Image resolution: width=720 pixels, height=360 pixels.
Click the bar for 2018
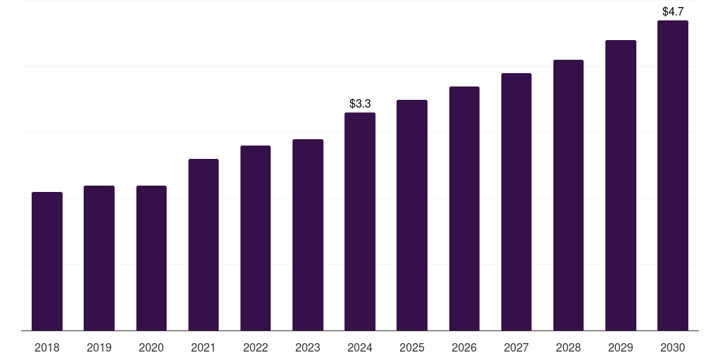point(47,261)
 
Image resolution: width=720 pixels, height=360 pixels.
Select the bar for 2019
point(99,258)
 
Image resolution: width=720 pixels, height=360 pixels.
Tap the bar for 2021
point(203,245)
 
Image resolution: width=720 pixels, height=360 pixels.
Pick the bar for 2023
point(308,235)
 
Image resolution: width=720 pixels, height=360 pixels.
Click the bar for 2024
point(360,221)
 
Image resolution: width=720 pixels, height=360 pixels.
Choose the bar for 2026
point(464,208)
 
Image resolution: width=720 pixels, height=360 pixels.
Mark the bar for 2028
point(568,195)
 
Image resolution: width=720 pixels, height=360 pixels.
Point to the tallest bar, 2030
point(673,175)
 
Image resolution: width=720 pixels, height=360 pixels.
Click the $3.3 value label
point(360,103)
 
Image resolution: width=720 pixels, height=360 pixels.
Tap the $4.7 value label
point(673,11)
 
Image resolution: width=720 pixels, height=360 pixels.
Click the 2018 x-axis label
point(47,347)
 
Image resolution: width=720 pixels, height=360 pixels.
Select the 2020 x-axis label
point(151,347)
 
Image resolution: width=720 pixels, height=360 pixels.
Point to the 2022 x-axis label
point(256,347)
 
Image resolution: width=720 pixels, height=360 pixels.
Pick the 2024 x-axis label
point(360,347)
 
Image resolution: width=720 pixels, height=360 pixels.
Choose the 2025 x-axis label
point(412,347)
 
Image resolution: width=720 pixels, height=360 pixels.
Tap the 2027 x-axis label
point(516,347)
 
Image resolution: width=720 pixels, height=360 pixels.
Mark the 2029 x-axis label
point(621,347)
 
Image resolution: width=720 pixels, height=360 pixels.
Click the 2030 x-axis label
point(673,347)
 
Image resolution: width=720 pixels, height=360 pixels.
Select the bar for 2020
point(151,258)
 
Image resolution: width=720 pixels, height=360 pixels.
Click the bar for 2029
point(621,185)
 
